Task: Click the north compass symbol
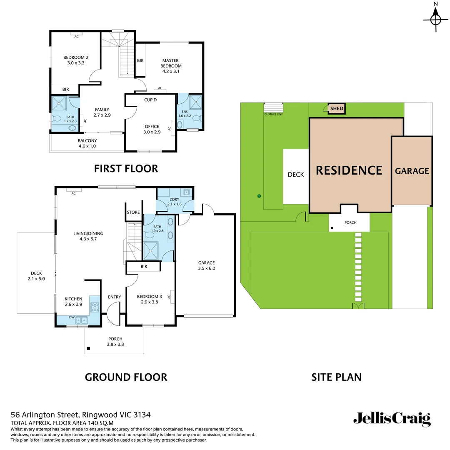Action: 436,19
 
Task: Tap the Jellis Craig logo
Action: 392,419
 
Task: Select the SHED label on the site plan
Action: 337,109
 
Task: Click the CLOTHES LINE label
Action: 273,114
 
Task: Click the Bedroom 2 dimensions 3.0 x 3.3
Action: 75,63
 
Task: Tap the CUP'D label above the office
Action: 150,100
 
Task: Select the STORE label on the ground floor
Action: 133,212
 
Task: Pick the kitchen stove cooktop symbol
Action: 95,307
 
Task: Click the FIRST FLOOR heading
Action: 126,169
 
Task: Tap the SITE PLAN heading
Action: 336,377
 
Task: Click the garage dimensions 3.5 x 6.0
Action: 206,268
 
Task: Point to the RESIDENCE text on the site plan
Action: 349,170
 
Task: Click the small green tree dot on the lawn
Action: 259,196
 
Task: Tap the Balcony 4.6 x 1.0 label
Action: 87,143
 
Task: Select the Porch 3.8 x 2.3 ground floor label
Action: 115,342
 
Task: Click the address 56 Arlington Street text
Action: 80,415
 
